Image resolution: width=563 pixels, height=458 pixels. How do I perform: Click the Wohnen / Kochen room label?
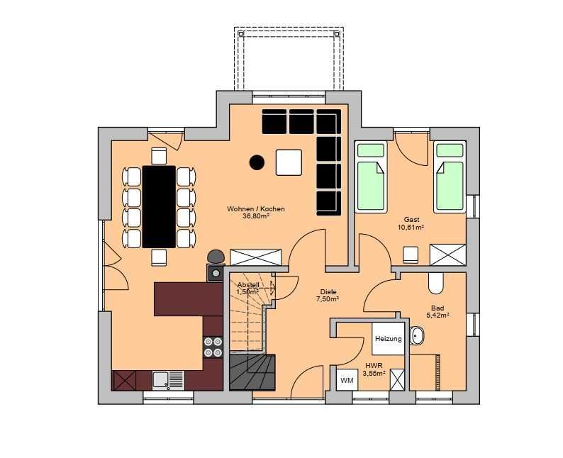[x=256, y=209]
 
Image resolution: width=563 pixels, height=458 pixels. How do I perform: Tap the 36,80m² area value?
[x=256, y=216]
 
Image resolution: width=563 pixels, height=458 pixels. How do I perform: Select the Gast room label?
[x=411, y=220]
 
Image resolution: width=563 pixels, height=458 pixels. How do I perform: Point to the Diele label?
[x=328, y=292]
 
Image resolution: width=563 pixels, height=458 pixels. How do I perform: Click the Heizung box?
[x=388, y=338]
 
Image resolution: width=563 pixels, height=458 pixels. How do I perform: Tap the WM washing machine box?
[x=347, y=380]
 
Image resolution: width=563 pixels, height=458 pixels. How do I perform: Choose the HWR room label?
[x=374, y=366]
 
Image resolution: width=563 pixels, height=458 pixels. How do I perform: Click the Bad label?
[x=437, y=308]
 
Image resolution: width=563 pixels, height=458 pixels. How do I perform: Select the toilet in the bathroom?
[x=436, y=283]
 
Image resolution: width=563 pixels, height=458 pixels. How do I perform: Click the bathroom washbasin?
[x=417, y=336]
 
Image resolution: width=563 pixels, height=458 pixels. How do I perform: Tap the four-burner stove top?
[x=213, y=347]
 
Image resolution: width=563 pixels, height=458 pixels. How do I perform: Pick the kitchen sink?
[x=168, y=380]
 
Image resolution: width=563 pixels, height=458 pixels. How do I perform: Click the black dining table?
[x=159, y=207]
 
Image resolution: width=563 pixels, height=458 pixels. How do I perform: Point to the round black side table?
[x=257, y=162]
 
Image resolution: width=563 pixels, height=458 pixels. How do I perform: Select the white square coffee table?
[x=289, y=162]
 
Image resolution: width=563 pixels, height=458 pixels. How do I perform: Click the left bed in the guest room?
[x=371, y=177]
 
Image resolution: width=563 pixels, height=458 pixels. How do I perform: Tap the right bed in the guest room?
[x=450, y=177]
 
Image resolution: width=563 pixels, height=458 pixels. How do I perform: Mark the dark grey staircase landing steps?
[x=252, y=372]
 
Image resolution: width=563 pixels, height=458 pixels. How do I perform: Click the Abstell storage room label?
[x=248, y=285]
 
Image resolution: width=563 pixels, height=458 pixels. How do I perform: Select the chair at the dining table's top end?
[x=159, y=156]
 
